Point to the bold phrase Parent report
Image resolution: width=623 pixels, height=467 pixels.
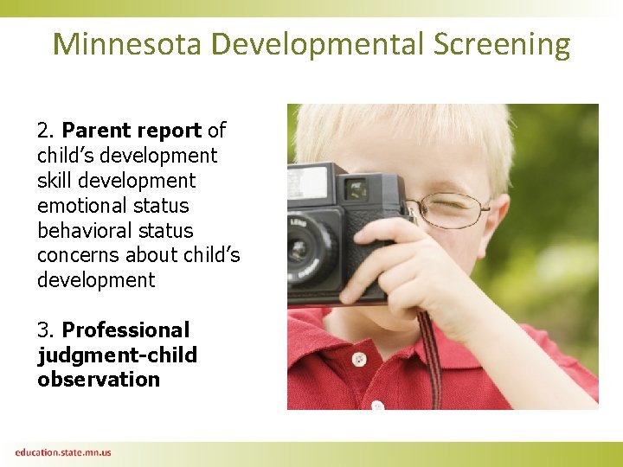click(x=132, y=131)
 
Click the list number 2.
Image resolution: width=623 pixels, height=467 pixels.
click(x=45, y=131)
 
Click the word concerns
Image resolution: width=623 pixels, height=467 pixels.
click(x=78, y=255)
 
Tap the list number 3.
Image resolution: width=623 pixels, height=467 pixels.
click(x=45, y=330)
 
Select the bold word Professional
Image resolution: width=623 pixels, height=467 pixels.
click(x=125, y=330)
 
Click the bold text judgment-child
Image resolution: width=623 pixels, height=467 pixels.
click(x=117, y=355)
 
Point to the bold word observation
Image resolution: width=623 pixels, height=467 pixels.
click(x=99, y=380)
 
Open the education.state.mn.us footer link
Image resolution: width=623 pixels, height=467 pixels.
click(x=62, y=452)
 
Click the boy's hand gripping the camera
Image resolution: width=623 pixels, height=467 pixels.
click(x=407, y=268)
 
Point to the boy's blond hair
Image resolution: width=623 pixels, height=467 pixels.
click(x=407, y=130)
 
